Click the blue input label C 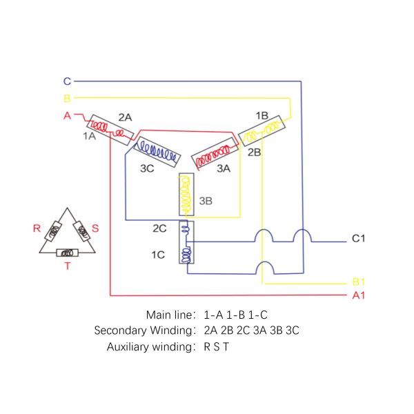68,81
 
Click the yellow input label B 68,99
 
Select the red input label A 68,116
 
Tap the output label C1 358,239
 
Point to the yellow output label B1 359,282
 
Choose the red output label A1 359,295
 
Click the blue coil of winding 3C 157,152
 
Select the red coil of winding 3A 215,156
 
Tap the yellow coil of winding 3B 186,195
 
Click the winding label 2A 125,117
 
